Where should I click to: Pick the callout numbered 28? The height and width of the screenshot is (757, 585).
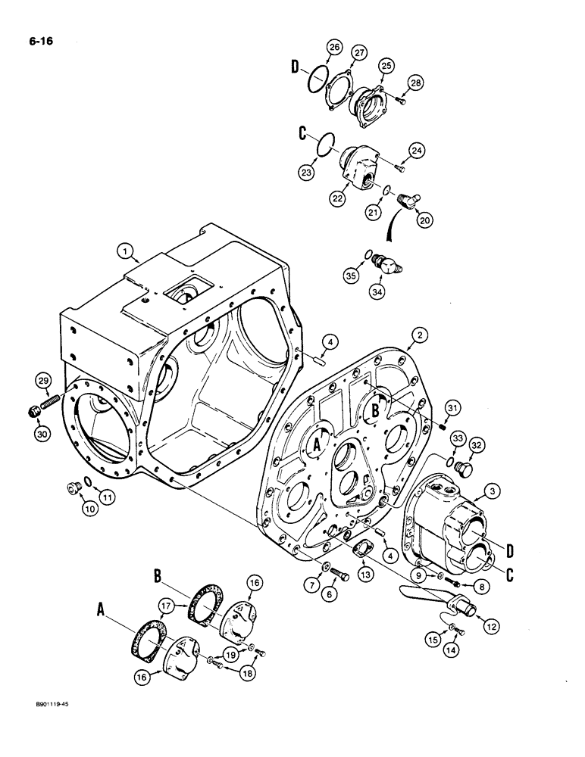(414, 82)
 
